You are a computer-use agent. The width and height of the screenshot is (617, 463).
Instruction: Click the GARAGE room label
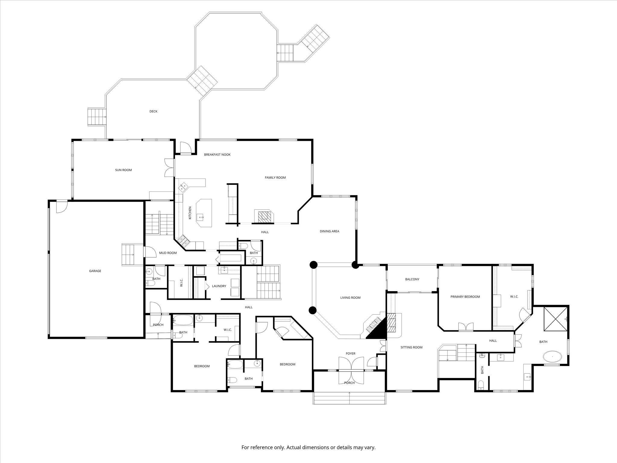click(x=95, y=271)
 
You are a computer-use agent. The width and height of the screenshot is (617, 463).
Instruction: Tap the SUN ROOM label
click(x=124, y=170)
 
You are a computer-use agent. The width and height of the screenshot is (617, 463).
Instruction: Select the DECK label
click(x=153, y=111)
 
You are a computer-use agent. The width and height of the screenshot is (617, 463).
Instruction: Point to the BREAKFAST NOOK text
click(x=217, y=155)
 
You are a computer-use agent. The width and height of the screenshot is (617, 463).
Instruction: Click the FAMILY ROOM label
click(x=275, y=178)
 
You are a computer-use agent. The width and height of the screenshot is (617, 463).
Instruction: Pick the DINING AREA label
click(x=330, y=231)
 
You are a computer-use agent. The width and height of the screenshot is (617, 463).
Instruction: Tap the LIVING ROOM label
click(x=350, y=298)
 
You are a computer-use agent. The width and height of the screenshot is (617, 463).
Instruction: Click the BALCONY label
click(x=412, y=279)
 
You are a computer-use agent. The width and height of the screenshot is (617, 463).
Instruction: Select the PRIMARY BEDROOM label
click(x=465, y=297)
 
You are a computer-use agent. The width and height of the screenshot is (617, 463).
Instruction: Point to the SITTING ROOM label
click(x=412, y=347)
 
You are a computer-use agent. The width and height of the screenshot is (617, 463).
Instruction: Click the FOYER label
click(x=350, y=354)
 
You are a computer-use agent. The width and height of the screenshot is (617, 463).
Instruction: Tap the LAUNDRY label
click(x=219, y=286)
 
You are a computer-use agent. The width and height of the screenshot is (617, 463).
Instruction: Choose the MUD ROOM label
click(x=168, y=253)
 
